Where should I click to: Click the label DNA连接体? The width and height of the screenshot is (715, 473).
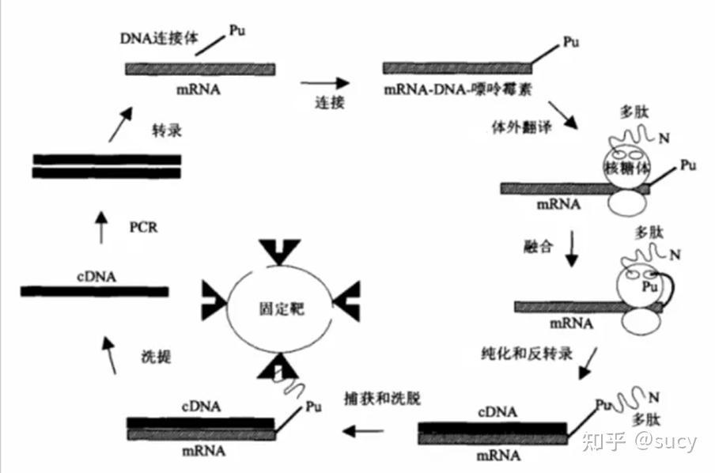[x=154, y=36]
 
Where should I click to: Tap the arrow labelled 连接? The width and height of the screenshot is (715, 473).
[x=325, y=82]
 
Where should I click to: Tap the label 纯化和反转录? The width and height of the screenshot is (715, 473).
[x=526, y=350]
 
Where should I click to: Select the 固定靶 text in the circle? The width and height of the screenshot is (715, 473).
[x=280, y=308]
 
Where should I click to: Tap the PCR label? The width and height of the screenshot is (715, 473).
[x=145, y=227]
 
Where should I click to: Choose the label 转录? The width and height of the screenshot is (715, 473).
[x=167, y=131]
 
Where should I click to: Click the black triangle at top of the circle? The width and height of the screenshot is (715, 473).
[x=280, y=251]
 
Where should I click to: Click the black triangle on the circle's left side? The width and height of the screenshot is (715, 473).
[x=214, y=299]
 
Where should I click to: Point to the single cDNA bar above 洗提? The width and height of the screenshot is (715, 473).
[x=95, y=291]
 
